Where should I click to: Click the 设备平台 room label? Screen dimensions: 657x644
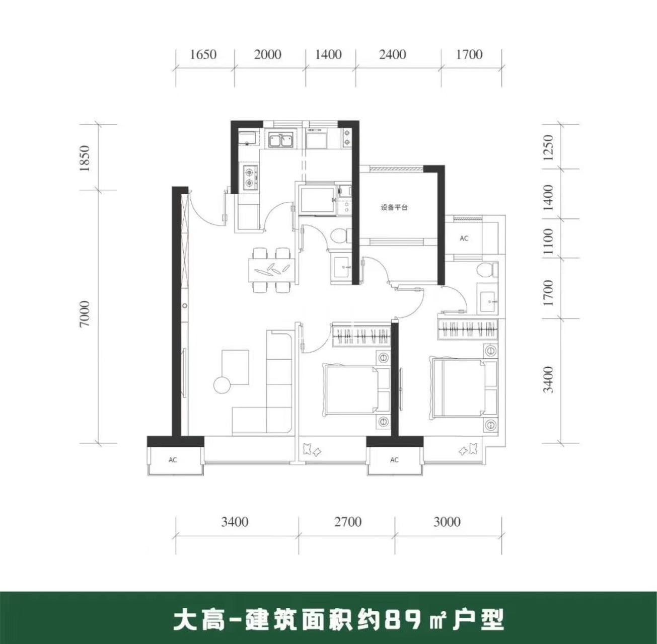[394, 207]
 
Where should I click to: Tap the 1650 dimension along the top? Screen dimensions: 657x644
[203, 54]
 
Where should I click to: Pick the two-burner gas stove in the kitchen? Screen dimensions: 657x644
[250, 177]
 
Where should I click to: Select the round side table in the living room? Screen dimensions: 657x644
[223, 385]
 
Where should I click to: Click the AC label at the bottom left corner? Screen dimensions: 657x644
[173, 460]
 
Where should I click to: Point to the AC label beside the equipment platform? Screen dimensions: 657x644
[464, 238]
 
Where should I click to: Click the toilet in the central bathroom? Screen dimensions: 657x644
[340, 235]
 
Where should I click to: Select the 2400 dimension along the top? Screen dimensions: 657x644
[393, 54]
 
